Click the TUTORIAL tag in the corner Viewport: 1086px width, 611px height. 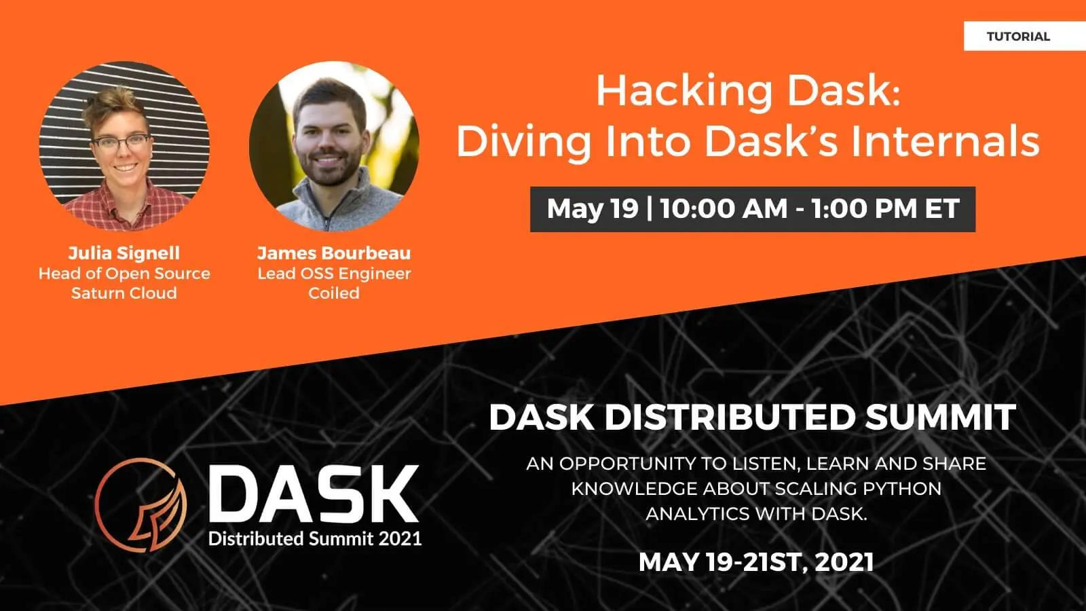[1018, 37]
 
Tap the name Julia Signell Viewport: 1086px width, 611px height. [124, 253]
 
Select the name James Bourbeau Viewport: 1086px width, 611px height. [334, 253]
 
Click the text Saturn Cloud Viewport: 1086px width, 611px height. [124, 293]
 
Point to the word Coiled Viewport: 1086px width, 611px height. [334, 293]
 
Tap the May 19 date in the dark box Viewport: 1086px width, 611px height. [593, 208]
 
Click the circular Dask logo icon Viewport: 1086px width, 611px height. [141, 504]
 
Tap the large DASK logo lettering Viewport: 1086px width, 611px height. [314, 494]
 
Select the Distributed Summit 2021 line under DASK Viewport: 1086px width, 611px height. [315, 539]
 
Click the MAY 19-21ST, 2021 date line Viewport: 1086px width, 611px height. [756, 562]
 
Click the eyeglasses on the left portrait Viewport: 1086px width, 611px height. [121, 143]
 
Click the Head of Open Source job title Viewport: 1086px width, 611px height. [124, 274]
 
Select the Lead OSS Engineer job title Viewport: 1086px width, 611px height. [334, 274]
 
